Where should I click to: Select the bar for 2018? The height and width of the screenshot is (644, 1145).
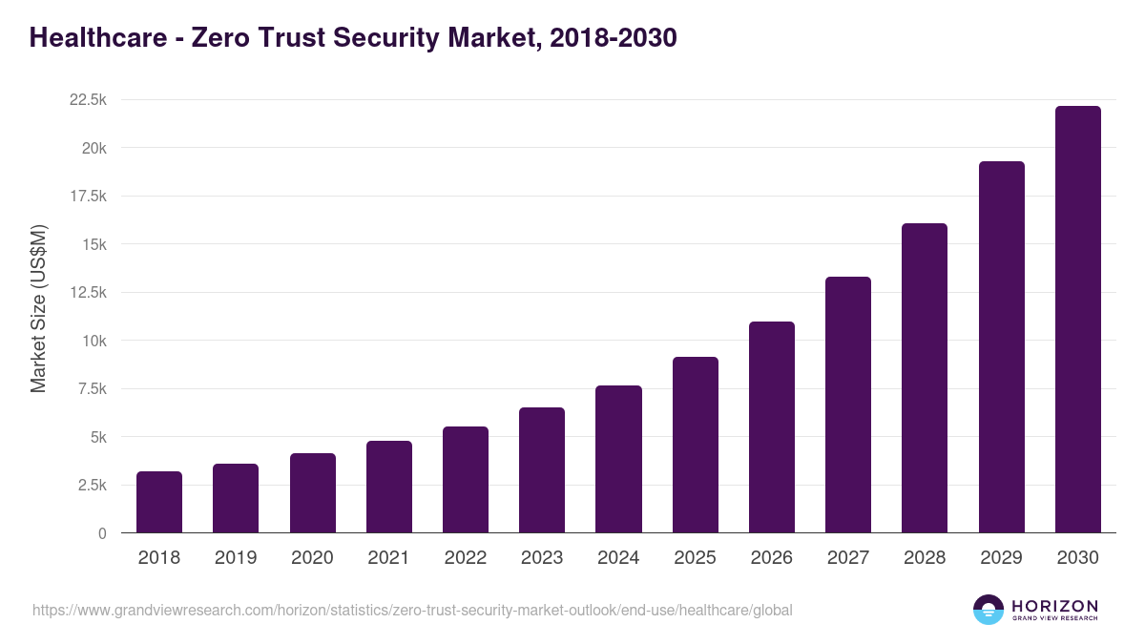click(x=159, y=502)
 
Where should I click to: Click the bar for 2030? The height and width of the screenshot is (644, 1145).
click(x=1077, y=320)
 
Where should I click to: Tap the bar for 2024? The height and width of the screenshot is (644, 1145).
click(x=618, y=459)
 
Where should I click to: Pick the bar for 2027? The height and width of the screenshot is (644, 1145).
click(x=847, y=405)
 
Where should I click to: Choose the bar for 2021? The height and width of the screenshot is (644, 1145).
click(x=389, y=487)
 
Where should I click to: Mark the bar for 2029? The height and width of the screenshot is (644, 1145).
click(x=1001, y=347)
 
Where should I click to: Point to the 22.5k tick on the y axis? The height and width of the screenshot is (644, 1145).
click(x=87, y=100)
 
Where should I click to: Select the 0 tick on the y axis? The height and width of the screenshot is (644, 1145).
click(x=101, y=533)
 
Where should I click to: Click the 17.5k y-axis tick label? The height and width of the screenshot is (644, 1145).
click(x=87, y=197)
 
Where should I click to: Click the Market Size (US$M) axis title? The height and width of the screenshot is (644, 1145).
click(x=38, y=308)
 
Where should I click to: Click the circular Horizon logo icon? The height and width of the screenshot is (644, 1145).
click(x=989, y=610)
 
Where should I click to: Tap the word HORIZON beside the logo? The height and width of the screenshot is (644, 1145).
click(x=1054, y=606)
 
